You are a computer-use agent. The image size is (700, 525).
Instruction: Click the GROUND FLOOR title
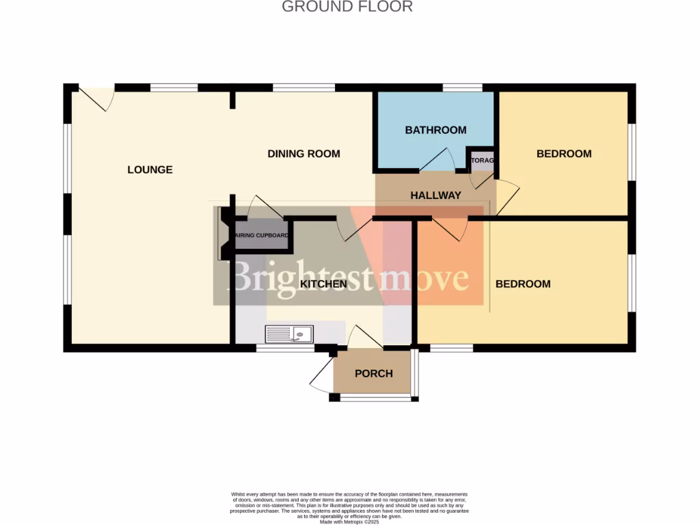[347, 7]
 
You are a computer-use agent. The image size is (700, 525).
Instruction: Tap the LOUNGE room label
[150, 170]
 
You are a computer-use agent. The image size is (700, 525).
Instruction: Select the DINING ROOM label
[304, 154]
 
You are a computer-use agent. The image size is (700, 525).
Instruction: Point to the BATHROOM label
[435, 130]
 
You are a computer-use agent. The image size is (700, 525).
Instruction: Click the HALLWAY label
[435, 196]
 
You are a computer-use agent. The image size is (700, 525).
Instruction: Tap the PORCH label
[374, 373]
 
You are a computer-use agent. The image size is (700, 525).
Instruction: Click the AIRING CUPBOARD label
[262, 236]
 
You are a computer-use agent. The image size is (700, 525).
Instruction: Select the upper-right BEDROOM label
[563, 154]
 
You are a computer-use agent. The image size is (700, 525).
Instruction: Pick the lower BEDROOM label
[523, 284]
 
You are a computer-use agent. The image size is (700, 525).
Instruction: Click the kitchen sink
[289, 334]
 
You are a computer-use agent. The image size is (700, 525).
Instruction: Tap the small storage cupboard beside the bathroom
[481, 161]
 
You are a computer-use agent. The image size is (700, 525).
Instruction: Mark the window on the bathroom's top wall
[462, 87]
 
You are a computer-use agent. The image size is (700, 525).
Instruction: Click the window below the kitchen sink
[285, 349]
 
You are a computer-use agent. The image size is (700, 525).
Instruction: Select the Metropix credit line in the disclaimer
[349, 522]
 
